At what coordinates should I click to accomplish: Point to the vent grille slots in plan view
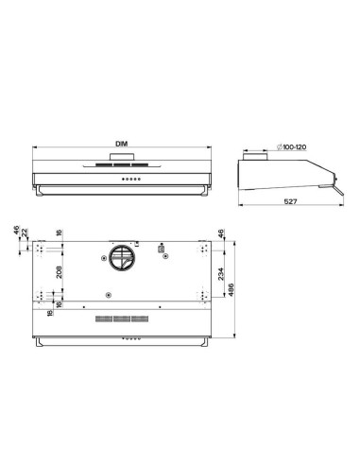[x=120, y=319]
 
